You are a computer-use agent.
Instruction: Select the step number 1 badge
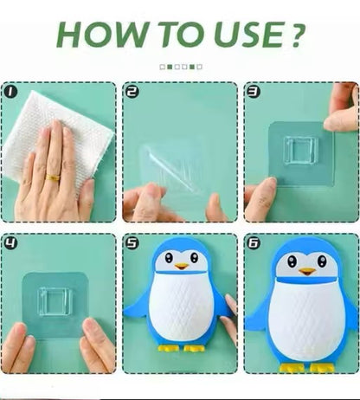coord(11,90)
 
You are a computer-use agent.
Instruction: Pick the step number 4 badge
coord(11,242)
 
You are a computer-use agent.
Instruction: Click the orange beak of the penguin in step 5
coord(182,266)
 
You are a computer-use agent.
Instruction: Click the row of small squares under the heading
coord(181,66)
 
